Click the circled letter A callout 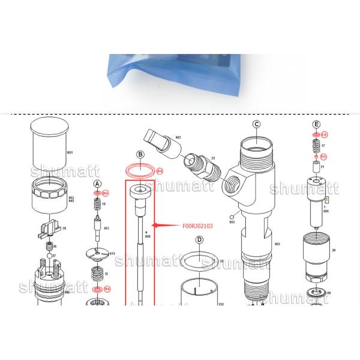click(97, 183)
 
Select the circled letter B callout click(140, 154)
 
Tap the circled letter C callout click(256, 125)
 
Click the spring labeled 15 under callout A click(97, 206)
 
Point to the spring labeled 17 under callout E click(316, 146)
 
